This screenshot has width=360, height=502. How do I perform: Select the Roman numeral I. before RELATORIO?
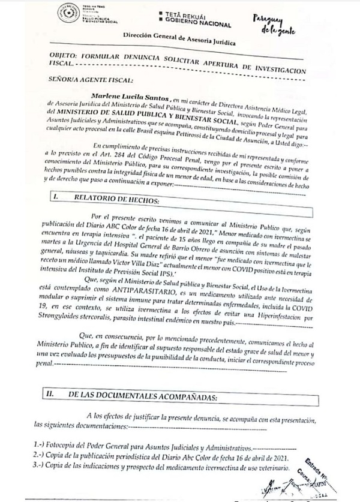pyautogui.click(x=55, y=196)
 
